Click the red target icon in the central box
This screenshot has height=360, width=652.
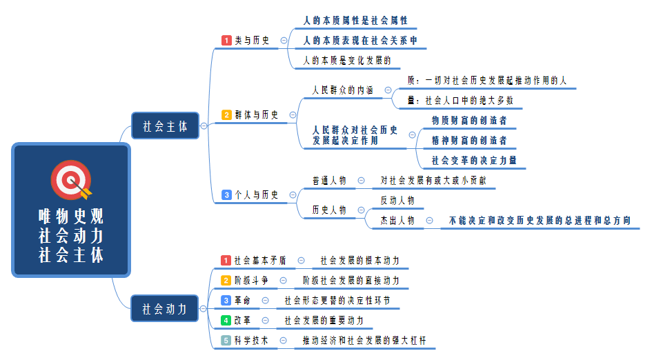[70, 180]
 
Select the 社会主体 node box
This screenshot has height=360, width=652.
[165, 126]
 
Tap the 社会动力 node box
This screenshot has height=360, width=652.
[165, 309]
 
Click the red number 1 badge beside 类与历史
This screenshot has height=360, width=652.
[226, 41]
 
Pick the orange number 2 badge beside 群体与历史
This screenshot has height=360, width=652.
[226, 115]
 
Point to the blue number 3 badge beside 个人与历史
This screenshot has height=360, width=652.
[226, 195]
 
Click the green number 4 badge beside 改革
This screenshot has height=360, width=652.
[226, 320]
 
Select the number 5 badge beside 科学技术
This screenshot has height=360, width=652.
[226, 340]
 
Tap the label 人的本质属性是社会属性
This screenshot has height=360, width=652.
[355, 21]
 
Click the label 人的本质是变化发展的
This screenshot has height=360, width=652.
[347, 61]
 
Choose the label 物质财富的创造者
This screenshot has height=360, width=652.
[469, 120]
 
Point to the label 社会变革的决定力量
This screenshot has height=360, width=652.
[474, 160]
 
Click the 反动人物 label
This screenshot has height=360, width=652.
[397, 201]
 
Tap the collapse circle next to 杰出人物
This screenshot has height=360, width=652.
[430, 221]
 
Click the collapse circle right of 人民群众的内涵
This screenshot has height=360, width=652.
[388, 90]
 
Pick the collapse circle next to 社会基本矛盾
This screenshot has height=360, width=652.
[301, 261]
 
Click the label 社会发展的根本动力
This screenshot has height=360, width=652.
[359, 261]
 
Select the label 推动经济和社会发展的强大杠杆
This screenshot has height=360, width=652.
[368, 340]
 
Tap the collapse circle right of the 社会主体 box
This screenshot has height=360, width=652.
[204, 126]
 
